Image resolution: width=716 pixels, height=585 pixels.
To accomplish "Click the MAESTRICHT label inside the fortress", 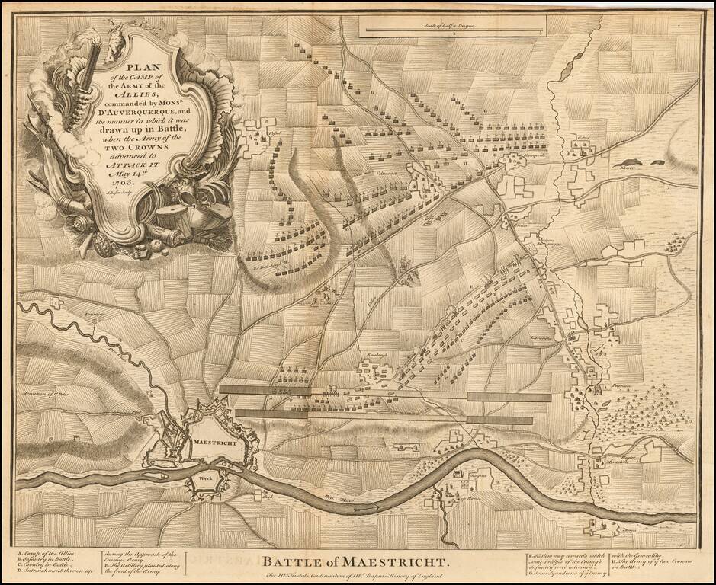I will click(x=214, y=442).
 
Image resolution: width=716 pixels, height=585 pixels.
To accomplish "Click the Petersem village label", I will click(x=602, y=386).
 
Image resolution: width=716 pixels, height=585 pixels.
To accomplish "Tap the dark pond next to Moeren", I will click(x=631, y=161).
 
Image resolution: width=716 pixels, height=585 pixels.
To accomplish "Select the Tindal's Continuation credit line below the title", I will click(x=352, y=577).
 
